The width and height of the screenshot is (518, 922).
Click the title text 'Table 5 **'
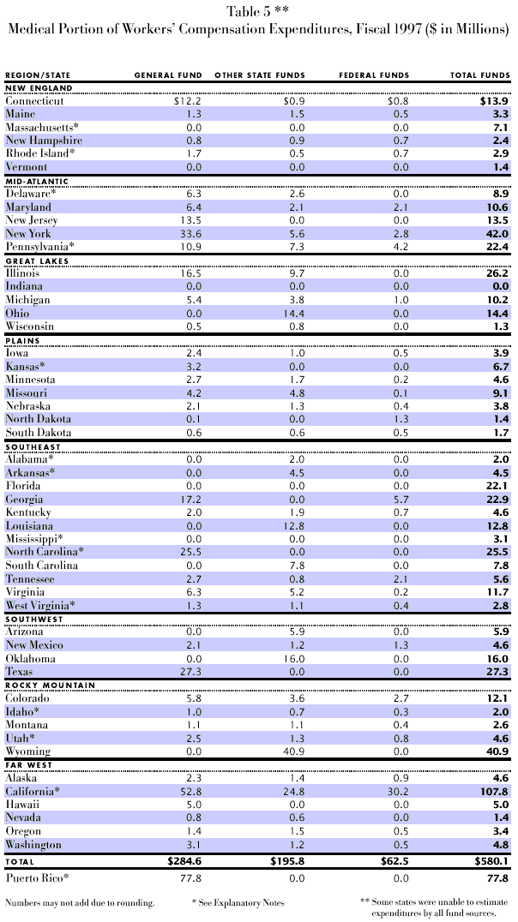point(258,12)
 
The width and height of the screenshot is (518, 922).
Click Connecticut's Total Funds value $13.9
point(492,101)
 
